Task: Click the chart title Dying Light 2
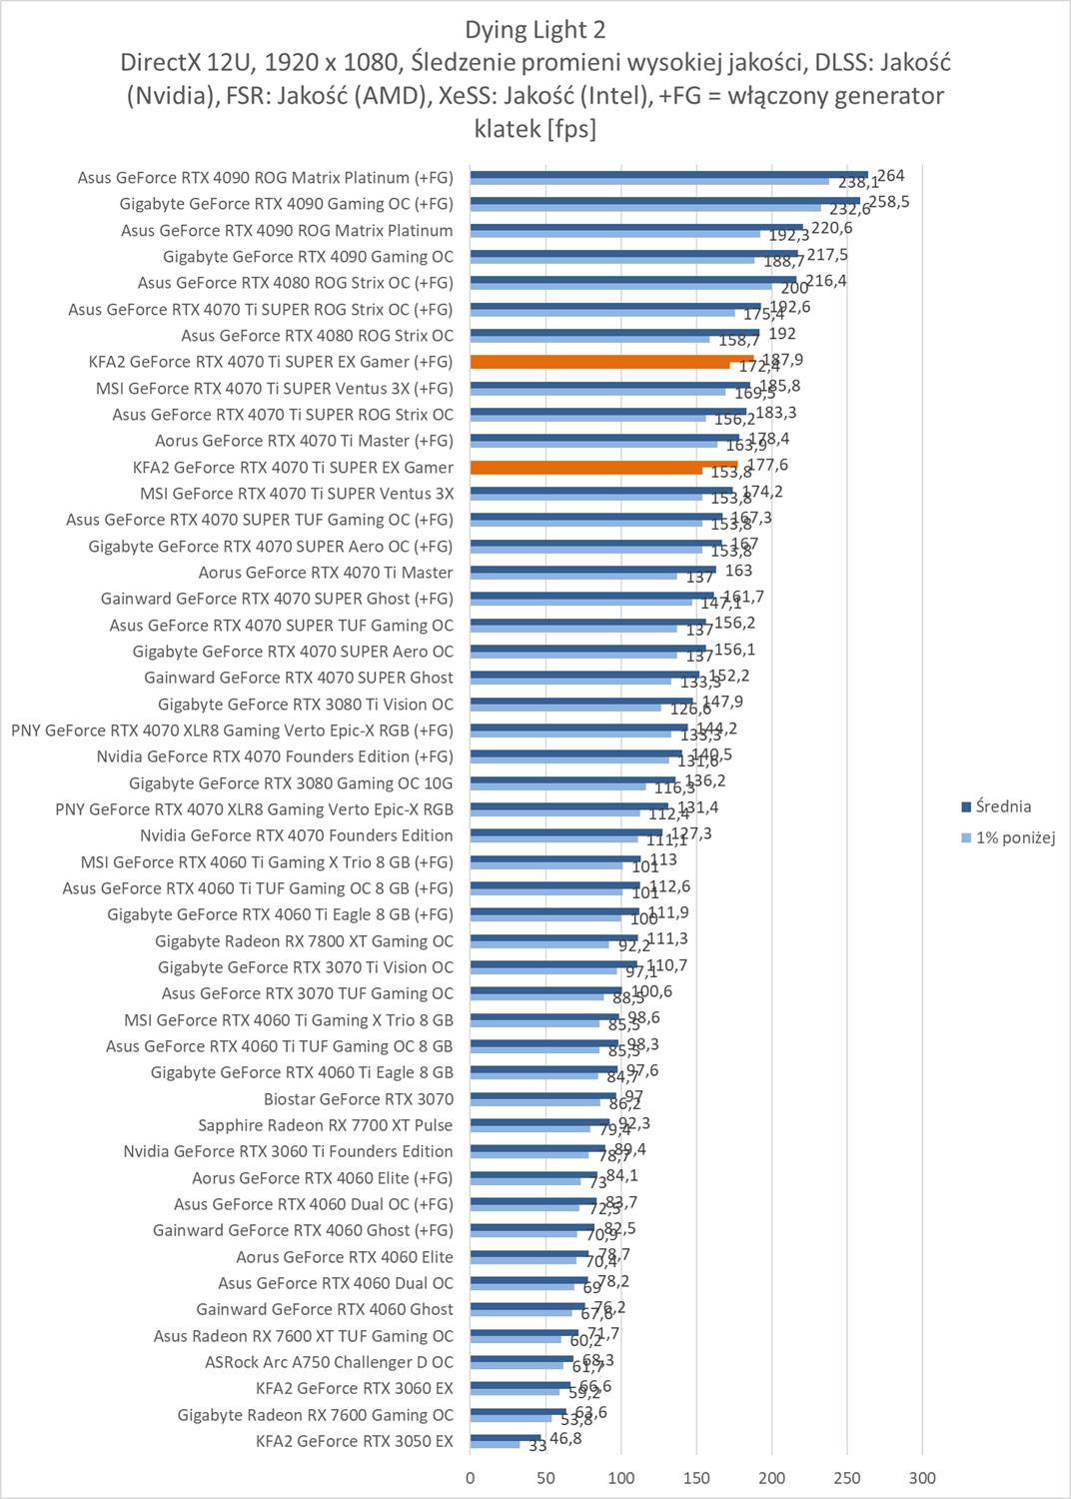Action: (535, 30)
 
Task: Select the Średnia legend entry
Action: (1002, 806)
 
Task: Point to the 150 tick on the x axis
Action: (696, 1478)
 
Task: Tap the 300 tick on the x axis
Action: (922, 1478)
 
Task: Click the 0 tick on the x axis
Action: (471, 1478)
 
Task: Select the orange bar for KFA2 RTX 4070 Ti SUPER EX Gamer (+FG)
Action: (611, 358)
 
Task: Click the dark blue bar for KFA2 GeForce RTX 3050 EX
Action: (506, 1437)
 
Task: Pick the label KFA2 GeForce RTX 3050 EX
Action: (355, 1441)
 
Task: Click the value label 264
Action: (890, 176)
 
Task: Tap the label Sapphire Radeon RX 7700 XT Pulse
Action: (326, 1125)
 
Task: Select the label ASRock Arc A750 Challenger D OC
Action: (329, 1362)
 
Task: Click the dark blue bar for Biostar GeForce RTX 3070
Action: (543, 1095)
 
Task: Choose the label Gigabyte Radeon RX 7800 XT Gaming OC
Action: (304, 940)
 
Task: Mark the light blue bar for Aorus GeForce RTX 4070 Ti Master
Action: (573, 577)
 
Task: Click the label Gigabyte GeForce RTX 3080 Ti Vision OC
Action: (306, 704)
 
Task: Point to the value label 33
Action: (536, 1445)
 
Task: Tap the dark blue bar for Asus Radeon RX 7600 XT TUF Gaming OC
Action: (525, 1332)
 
